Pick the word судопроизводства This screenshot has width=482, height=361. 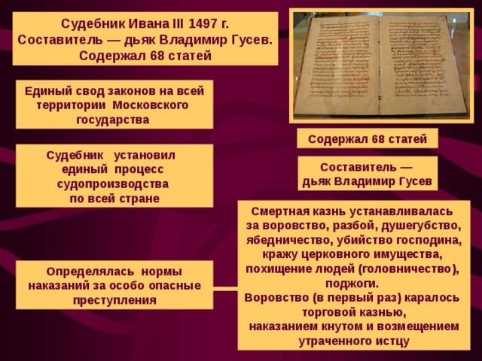pyautogui.click(x=113, y=184)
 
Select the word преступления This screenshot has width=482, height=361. pyautogui.click(x=114, y=299)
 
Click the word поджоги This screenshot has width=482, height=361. pyautogui.click(x=352, y=284)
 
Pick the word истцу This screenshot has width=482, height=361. pyautogui.click(x=392, y=341)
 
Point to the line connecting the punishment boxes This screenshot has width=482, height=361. pyautogui.click(x=225, y=287)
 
